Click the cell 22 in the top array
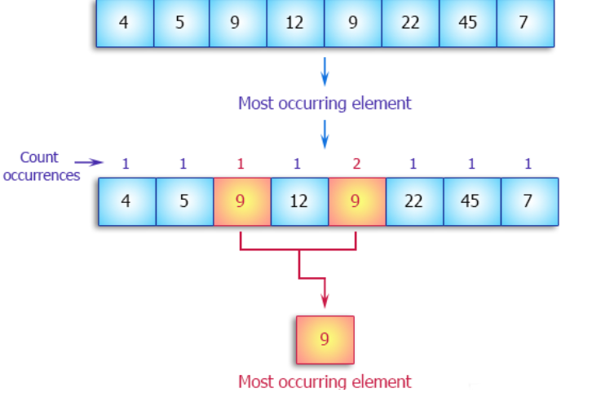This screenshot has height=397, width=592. (410, 23)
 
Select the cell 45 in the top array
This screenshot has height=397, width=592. (467, 23)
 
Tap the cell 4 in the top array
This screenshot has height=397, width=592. (124, 23)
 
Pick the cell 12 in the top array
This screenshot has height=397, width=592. (295, 23)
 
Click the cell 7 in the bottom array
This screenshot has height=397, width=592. (528, 201)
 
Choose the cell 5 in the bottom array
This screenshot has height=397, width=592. (183, 201)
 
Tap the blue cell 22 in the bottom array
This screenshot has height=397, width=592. (413, 201)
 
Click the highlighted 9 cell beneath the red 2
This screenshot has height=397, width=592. (356, 201)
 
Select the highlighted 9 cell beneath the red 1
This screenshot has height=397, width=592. (241, 201)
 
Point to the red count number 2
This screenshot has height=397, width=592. (356, 164)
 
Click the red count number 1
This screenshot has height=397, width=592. (241, 164)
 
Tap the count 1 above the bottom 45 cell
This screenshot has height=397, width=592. (471, 164)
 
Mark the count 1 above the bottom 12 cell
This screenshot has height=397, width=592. (297, 164)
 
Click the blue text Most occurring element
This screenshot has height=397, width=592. (325, 104)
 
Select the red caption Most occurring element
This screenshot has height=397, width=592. (325, 381)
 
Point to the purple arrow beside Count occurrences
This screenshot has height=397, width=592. (89, 162)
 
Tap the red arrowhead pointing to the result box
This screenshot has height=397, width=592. (325, 302)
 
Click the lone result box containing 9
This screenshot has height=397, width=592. (325, 339)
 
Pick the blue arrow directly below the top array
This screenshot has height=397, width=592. (325, 72)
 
